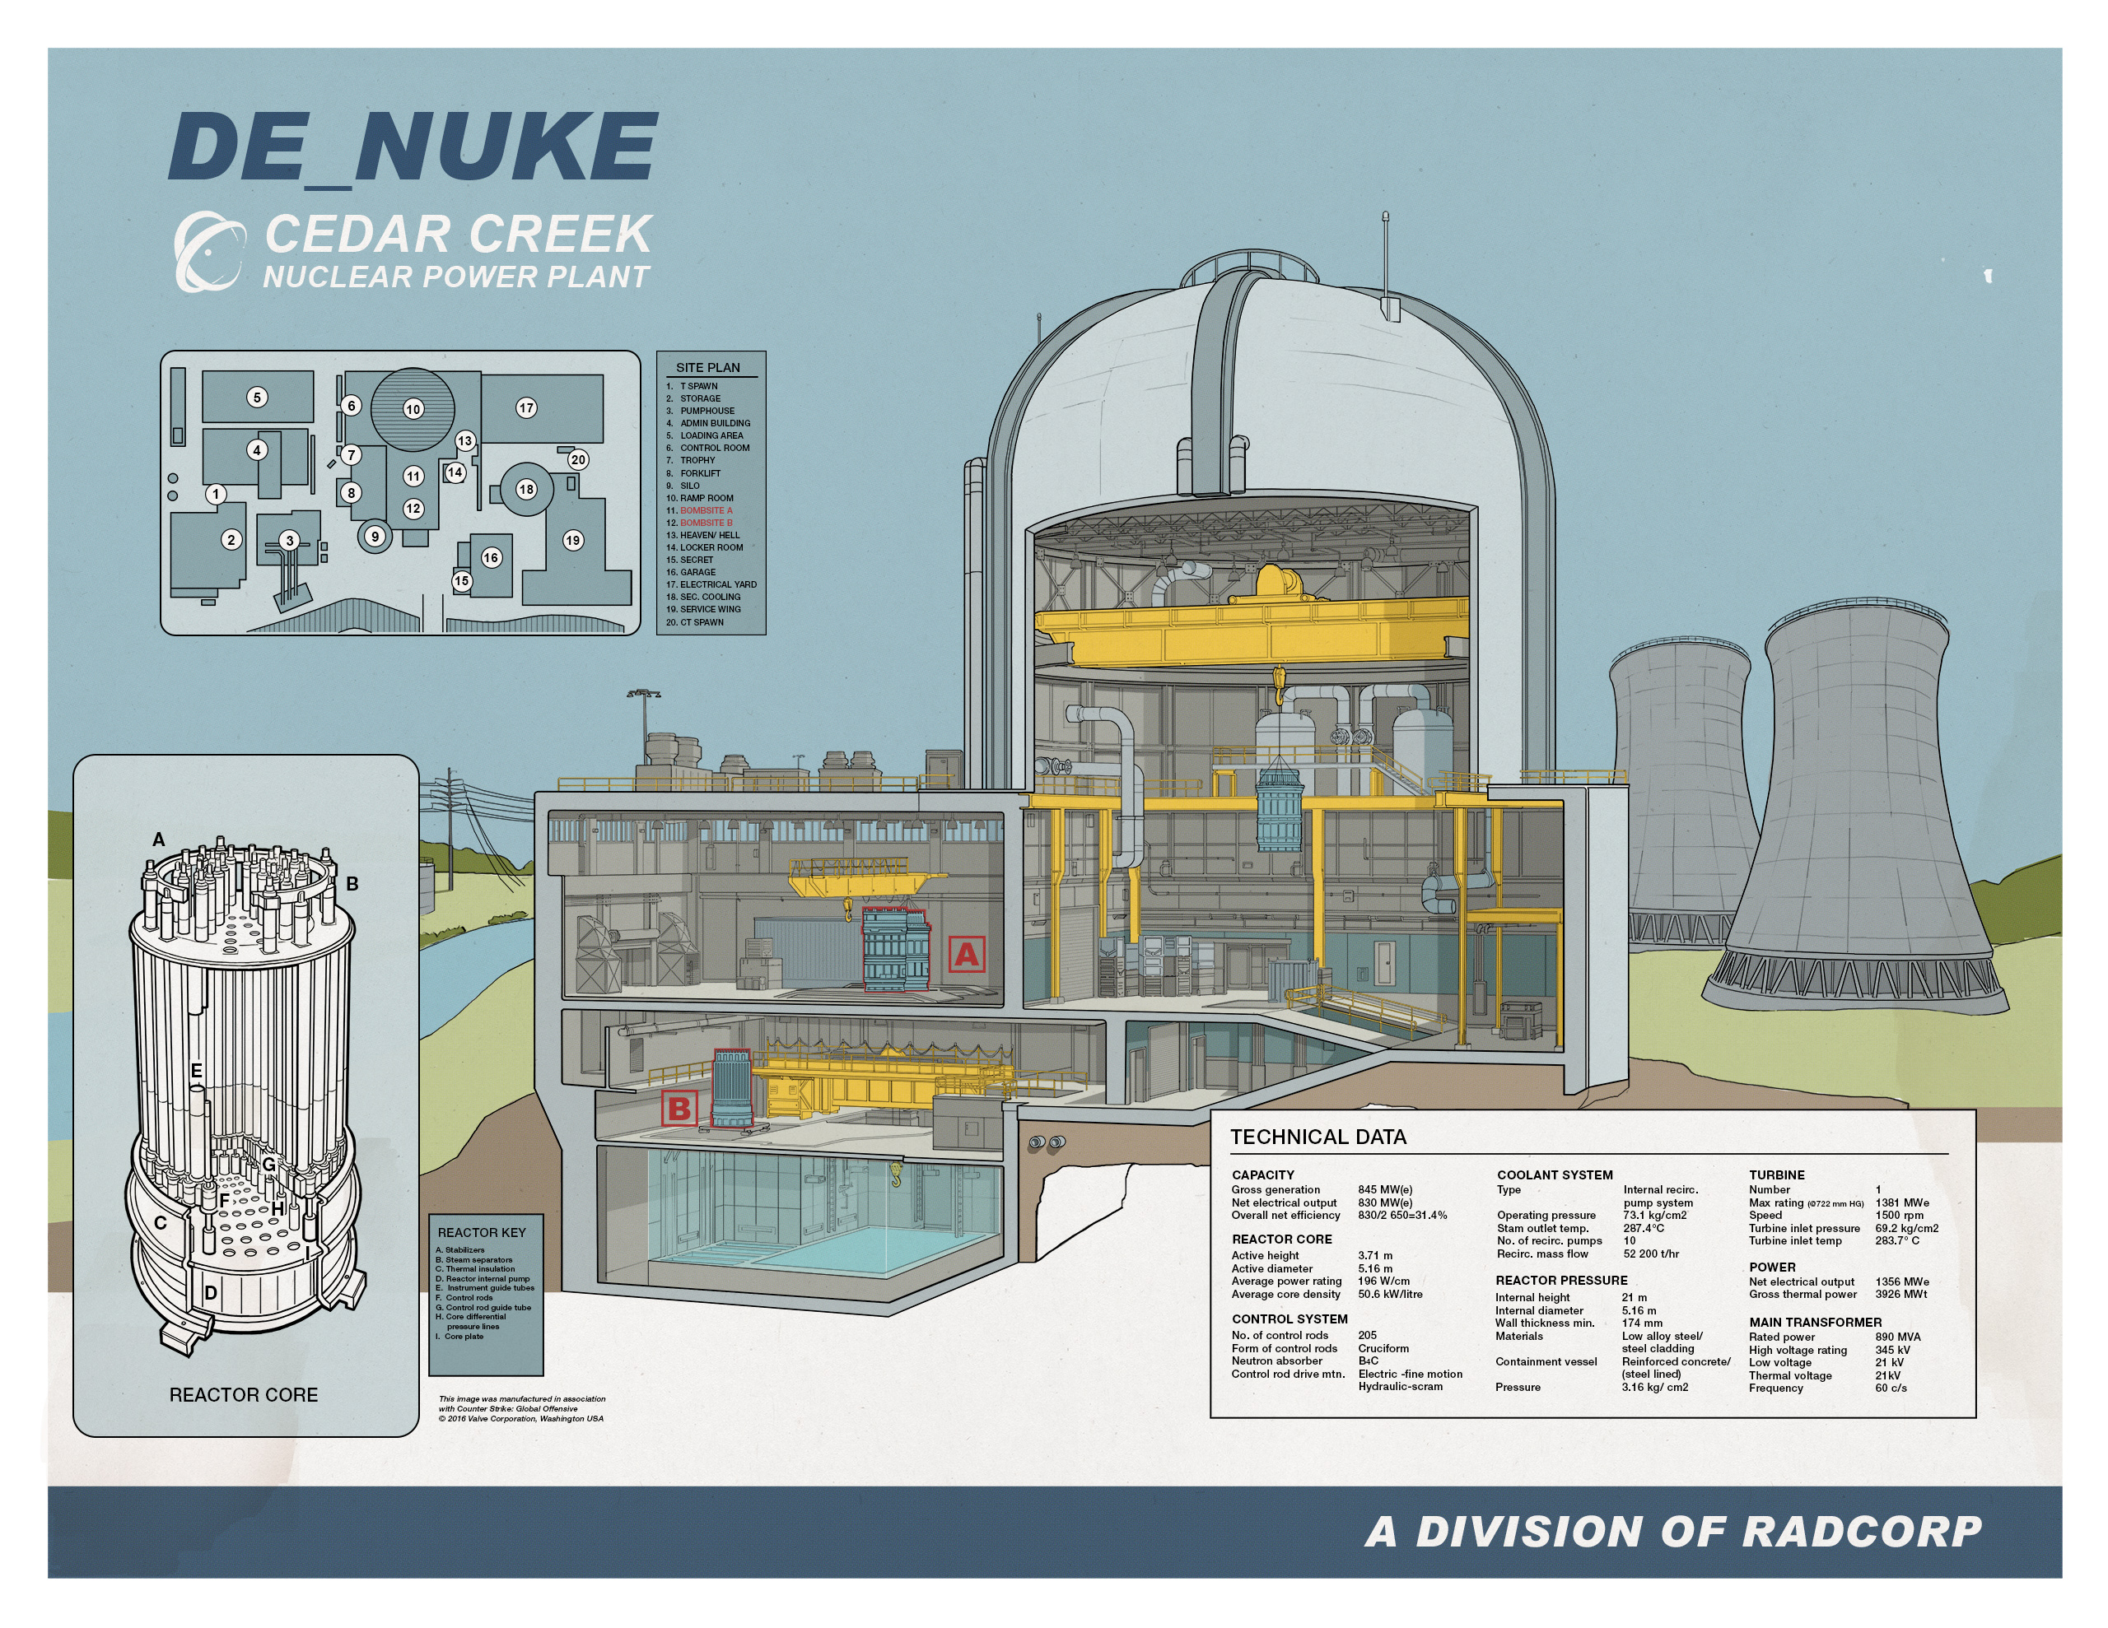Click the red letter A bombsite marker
[966, 955]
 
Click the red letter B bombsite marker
[679, 1109]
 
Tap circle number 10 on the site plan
[413, 409]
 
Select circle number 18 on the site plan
[526, 489]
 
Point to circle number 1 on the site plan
[217, 494]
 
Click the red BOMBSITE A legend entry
[706, 510]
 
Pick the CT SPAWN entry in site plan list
[701, 622]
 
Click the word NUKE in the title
[506, 147]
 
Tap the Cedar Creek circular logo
[208, 250]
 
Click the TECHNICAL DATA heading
[1317, 1137]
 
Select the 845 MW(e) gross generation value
[1385, 1190]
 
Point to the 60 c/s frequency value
[1891, 1388]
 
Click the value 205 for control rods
[1367, 1336]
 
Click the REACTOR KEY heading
[482, 1232]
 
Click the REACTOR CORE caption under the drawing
[243, 1394]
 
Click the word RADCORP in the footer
[1862, 1532]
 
